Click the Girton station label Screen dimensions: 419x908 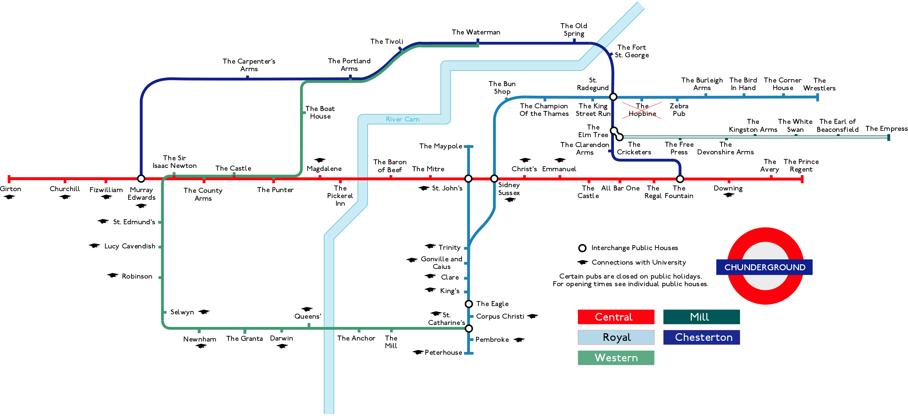pyautogui.click(x=11, y=189)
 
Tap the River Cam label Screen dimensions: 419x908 pyautogui.click(x=403, y=119)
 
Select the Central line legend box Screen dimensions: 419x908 pyautogui.click(x=616, y=317)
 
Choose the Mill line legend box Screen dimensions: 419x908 pyautogui.click(x=701, y=317)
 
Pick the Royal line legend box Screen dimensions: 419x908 pyautogui.click(x=616, y=337)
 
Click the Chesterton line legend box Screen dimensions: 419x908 pyautogui.click(x=701, y=337)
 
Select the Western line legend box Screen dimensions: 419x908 pyautogui.click(x=616, y=358)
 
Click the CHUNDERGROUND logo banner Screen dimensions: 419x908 pyautogui.click(x=764, y=267)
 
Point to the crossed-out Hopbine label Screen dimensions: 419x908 pyautogui.click(x=642, y=110)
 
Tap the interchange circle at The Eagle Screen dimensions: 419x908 pyautogui.click(x=469, y=304)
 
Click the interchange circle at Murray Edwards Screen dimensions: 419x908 pyautogui.click(x=141, y=179)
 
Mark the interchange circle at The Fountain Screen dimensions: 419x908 pyautogui.click(x=680, y=179)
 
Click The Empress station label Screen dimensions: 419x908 pyautogui.click(x=886, y=129)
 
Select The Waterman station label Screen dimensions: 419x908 pyautogui.click(x=476, y=32)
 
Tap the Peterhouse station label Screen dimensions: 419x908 pyautogui.click(x=443, y=352)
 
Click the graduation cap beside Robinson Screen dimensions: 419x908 pyautogui.click(x=113, y=276)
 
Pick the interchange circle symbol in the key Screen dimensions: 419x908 pyautogui.click(x=582, y=248)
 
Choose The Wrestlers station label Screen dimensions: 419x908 pyautogui.click(x=819, y=84)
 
